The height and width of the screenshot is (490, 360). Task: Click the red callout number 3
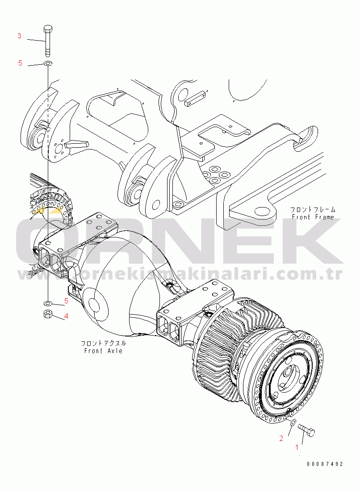[19, 36]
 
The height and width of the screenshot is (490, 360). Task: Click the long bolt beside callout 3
[48, 41]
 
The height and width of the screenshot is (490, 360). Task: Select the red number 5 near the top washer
[20, 63]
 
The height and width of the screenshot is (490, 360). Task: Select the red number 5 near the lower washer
[66, 301]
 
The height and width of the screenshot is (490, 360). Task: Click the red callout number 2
[281, 438]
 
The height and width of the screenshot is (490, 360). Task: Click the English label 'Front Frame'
[313, 217]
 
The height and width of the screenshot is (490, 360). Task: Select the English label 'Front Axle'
[103, 351]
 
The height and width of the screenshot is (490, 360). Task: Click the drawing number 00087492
[325, 464]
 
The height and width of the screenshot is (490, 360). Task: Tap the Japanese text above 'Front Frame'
[312, 209]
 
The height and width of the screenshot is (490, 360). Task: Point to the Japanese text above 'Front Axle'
[103, 343]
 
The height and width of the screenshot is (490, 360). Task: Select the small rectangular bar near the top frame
[195, 99]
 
